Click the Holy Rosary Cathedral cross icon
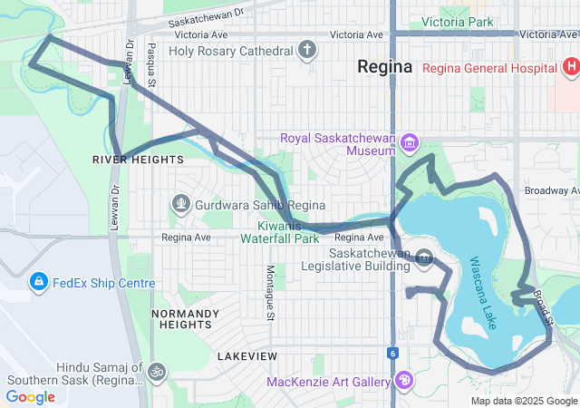(308, 51)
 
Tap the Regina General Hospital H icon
(570, 66)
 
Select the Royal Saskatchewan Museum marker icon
(410, 142)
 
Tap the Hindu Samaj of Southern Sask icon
(157, 373)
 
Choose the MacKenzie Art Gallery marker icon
(405, 378)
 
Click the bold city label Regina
(384, 67)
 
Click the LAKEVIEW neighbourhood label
(247, 355)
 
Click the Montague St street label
(270, 293)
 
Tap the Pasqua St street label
(151, 64)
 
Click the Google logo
(31, 396)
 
